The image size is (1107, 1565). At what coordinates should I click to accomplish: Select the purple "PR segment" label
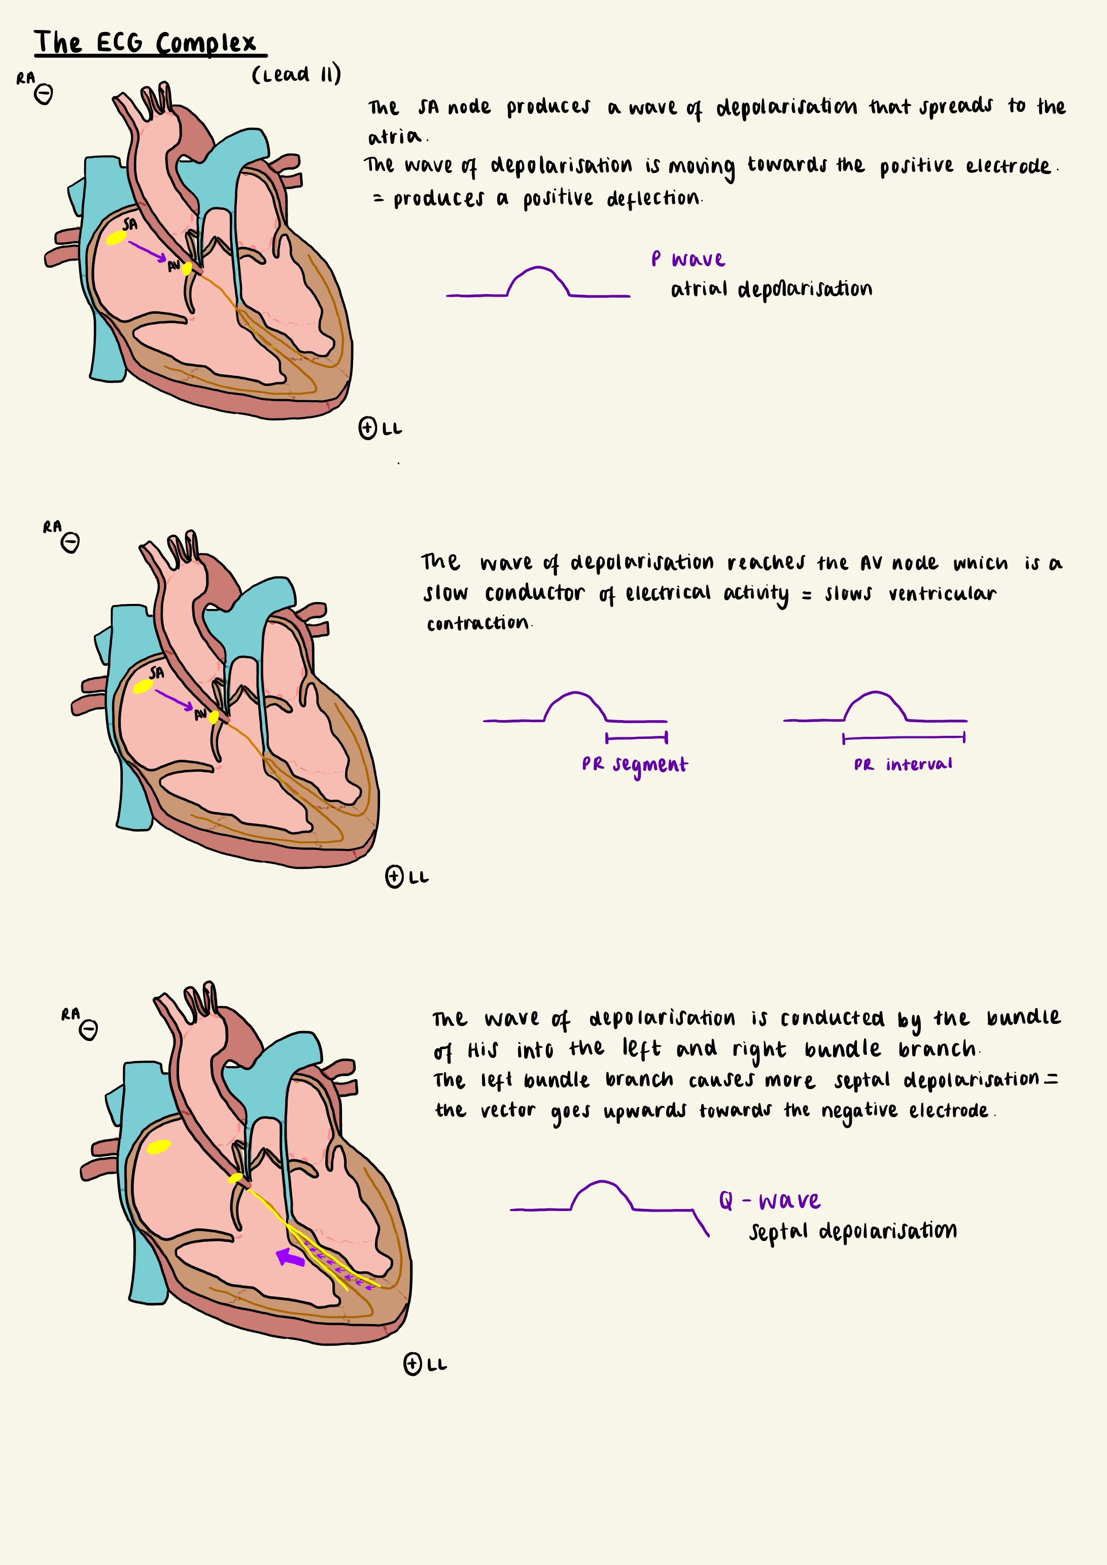click(634, 765)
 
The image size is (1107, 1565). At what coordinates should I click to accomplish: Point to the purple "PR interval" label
click(903, 765)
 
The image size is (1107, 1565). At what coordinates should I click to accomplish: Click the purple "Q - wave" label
click(770, 1200)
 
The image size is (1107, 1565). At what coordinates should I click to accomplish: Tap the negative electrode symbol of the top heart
click(44, 94)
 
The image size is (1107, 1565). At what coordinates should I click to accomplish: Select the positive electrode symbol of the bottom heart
click(412, 1364)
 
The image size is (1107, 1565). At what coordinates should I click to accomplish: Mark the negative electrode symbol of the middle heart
click(70, 543)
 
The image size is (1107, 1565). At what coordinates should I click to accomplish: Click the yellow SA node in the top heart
click(116, 238)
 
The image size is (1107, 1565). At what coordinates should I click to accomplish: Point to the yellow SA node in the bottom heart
click(158, 1147)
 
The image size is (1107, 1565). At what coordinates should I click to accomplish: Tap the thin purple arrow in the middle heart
click(174, 700)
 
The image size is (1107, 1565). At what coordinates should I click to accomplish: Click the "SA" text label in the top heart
click(129, 224)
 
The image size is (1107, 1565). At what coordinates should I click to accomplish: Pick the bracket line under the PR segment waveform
click(636, 737)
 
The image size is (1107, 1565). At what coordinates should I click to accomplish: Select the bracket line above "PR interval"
click(904, 737)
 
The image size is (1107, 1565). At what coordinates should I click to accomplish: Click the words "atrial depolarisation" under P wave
click(771, 289)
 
